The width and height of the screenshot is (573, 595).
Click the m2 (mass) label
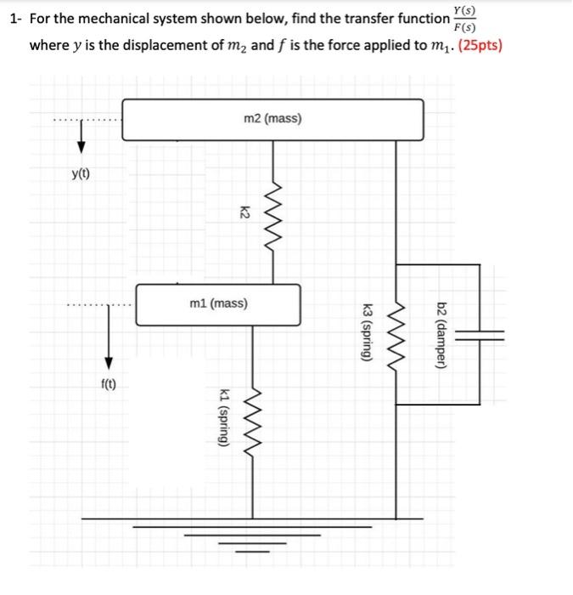272,119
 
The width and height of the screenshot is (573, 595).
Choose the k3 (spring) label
367,334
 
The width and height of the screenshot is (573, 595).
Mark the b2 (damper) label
441,334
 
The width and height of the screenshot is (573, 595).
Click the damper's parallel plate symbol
480,334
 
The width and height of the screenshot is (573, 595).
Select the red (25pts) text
471,45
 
